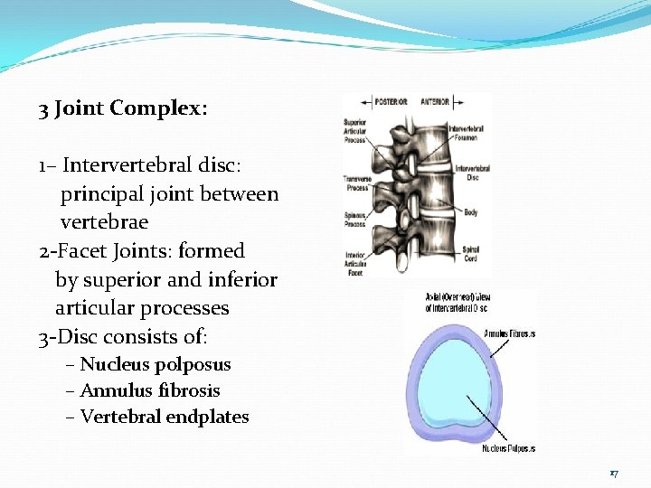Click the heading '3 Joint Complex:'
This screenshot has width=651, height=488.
pyautogui.click(x=123, y=109)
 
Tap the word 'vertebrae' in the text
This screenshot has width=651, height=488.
pyautogui.click(x=104, y=221)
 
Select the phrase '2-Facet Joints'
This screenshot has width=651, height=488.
pyautogui.click(x=90, y=250)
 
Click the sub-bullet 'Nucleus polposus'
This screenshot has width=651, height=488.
pyautogui.click(x=155, y=365)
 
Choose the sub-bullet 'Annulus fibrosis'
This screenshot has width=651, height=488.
pyautogui.click(x=149, y=391)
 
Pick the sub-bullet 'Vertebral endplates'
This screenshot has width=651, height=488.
pyautogui.click(x=164, y=418)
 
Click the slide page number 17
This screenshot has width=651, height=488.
pyautogui.click(x=614, y=473)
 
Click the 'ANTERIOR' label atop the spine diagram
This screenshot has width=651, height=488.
pyautogui.click(x=436, y=103)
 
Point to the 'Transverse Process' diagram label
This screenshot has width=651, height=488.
pyautogui.click(x=357, y=183)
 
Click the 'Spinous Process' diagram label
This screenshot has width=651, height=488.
pyautogui.click(x=355, y=219)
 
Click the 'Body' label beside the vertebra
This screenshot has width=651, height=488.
pyautogui.click(x=471, y=212)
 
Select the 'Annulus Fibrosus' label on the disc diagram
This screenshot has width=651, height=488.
pyautogui.click(x=509, y=333)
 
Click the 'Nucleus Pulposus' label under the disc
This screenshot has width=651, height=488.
pyautogui.click(x=508, y=448)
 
